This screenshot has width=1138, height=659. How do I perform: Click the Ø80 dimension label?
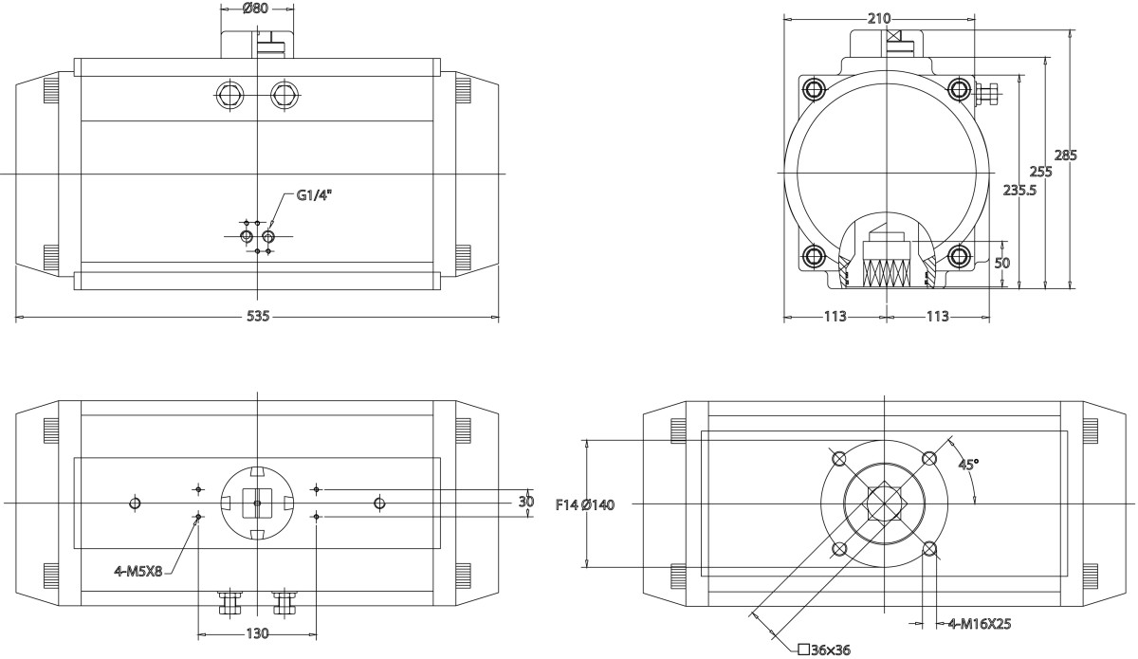[256, 9]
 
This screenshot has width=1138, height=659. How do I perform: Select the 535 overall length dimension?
[258, 317]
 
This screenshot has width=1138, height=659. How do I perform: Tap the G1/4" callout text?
[315, 195]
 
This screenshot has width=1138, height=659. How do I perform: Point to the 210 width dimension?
[879, 19]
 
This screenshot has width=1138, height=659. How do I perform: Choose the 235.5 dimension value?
[1019, 190]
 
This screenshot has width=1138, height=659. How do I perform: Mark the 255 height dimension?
[1041, 172]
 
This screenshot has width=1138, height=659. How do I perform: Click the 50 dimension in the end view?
[1001, 263]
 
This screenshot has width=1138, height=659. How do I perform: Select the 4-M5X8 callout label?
[138, 571]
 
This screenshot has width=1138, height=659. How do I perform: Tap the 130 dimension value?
[257, 633]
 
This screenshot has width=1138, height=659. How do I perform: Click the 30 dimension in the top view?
[526, 503]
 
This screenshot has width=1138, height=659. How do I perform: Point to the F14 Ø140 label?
[585, 504]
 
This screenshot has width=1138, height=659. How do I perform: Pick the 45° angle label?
[968, 465]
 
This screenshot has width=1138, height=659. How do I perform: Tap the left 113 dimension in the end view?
[834, 317]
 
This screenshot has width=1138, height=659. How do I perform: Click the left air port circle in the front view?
[231, 95]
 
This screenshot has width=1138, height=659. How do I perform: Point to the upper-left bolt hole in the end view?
[814, 90]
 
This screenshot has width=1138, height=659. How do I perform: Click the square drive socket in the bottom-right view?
[883, 503]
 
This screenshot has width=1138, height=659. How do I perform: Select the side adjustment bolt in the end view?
[985, 93]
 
